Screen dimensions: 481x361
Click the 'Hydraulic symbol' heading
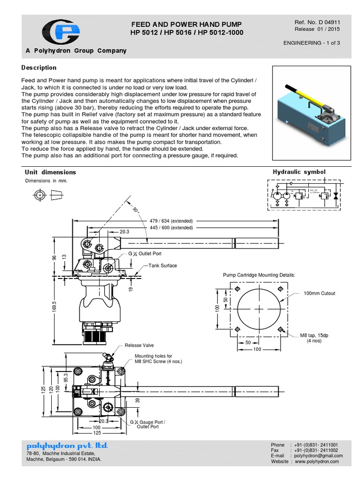[299, 172]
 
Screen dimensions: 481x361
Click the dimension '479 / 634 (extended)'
[171, 221]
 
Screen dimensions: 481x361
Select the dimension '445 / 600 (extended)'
[171, 228]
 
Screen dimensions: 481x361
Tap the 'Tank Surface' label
[163, 265]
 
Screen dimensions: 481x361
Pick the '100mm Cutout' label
[320, 293]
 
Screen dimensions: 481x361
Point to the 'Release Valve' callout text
[139, 345]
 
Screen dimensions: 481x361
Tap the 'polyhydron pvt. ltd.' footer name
[67, 445]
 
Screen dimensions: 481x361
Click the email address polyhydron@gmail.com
[318, 456]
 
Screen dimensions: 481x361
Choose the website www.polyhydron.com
[317, 462]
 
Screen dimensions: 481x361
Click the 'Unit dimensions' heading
[50, 172]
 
